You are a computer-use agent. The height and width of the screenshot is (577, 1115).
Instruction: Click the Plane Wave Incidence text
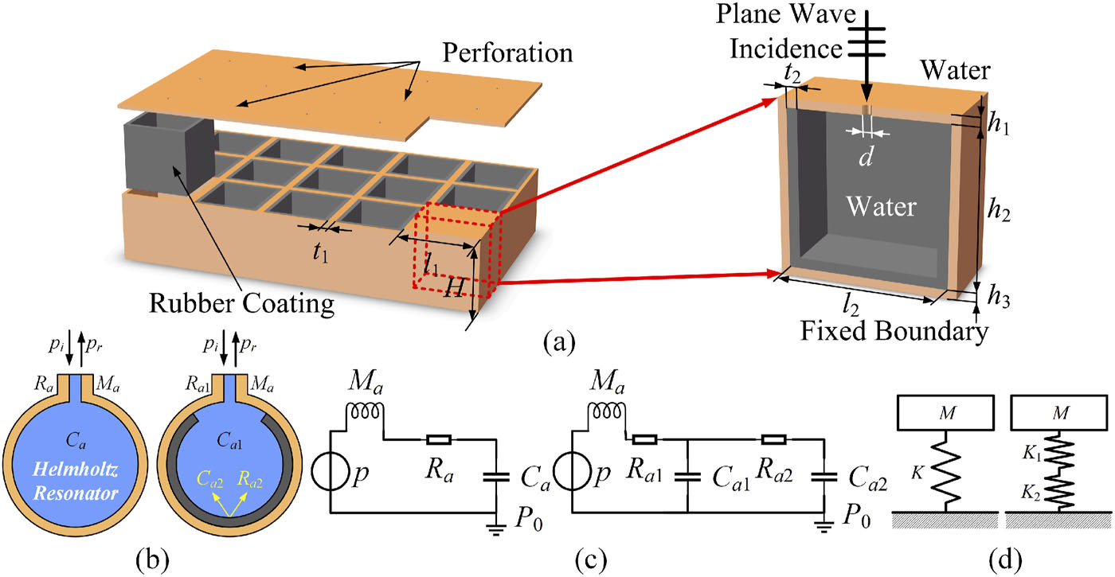[780, 32]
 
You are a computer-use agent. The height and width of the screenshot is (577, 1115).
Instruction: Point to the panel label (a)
[557, 344]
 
